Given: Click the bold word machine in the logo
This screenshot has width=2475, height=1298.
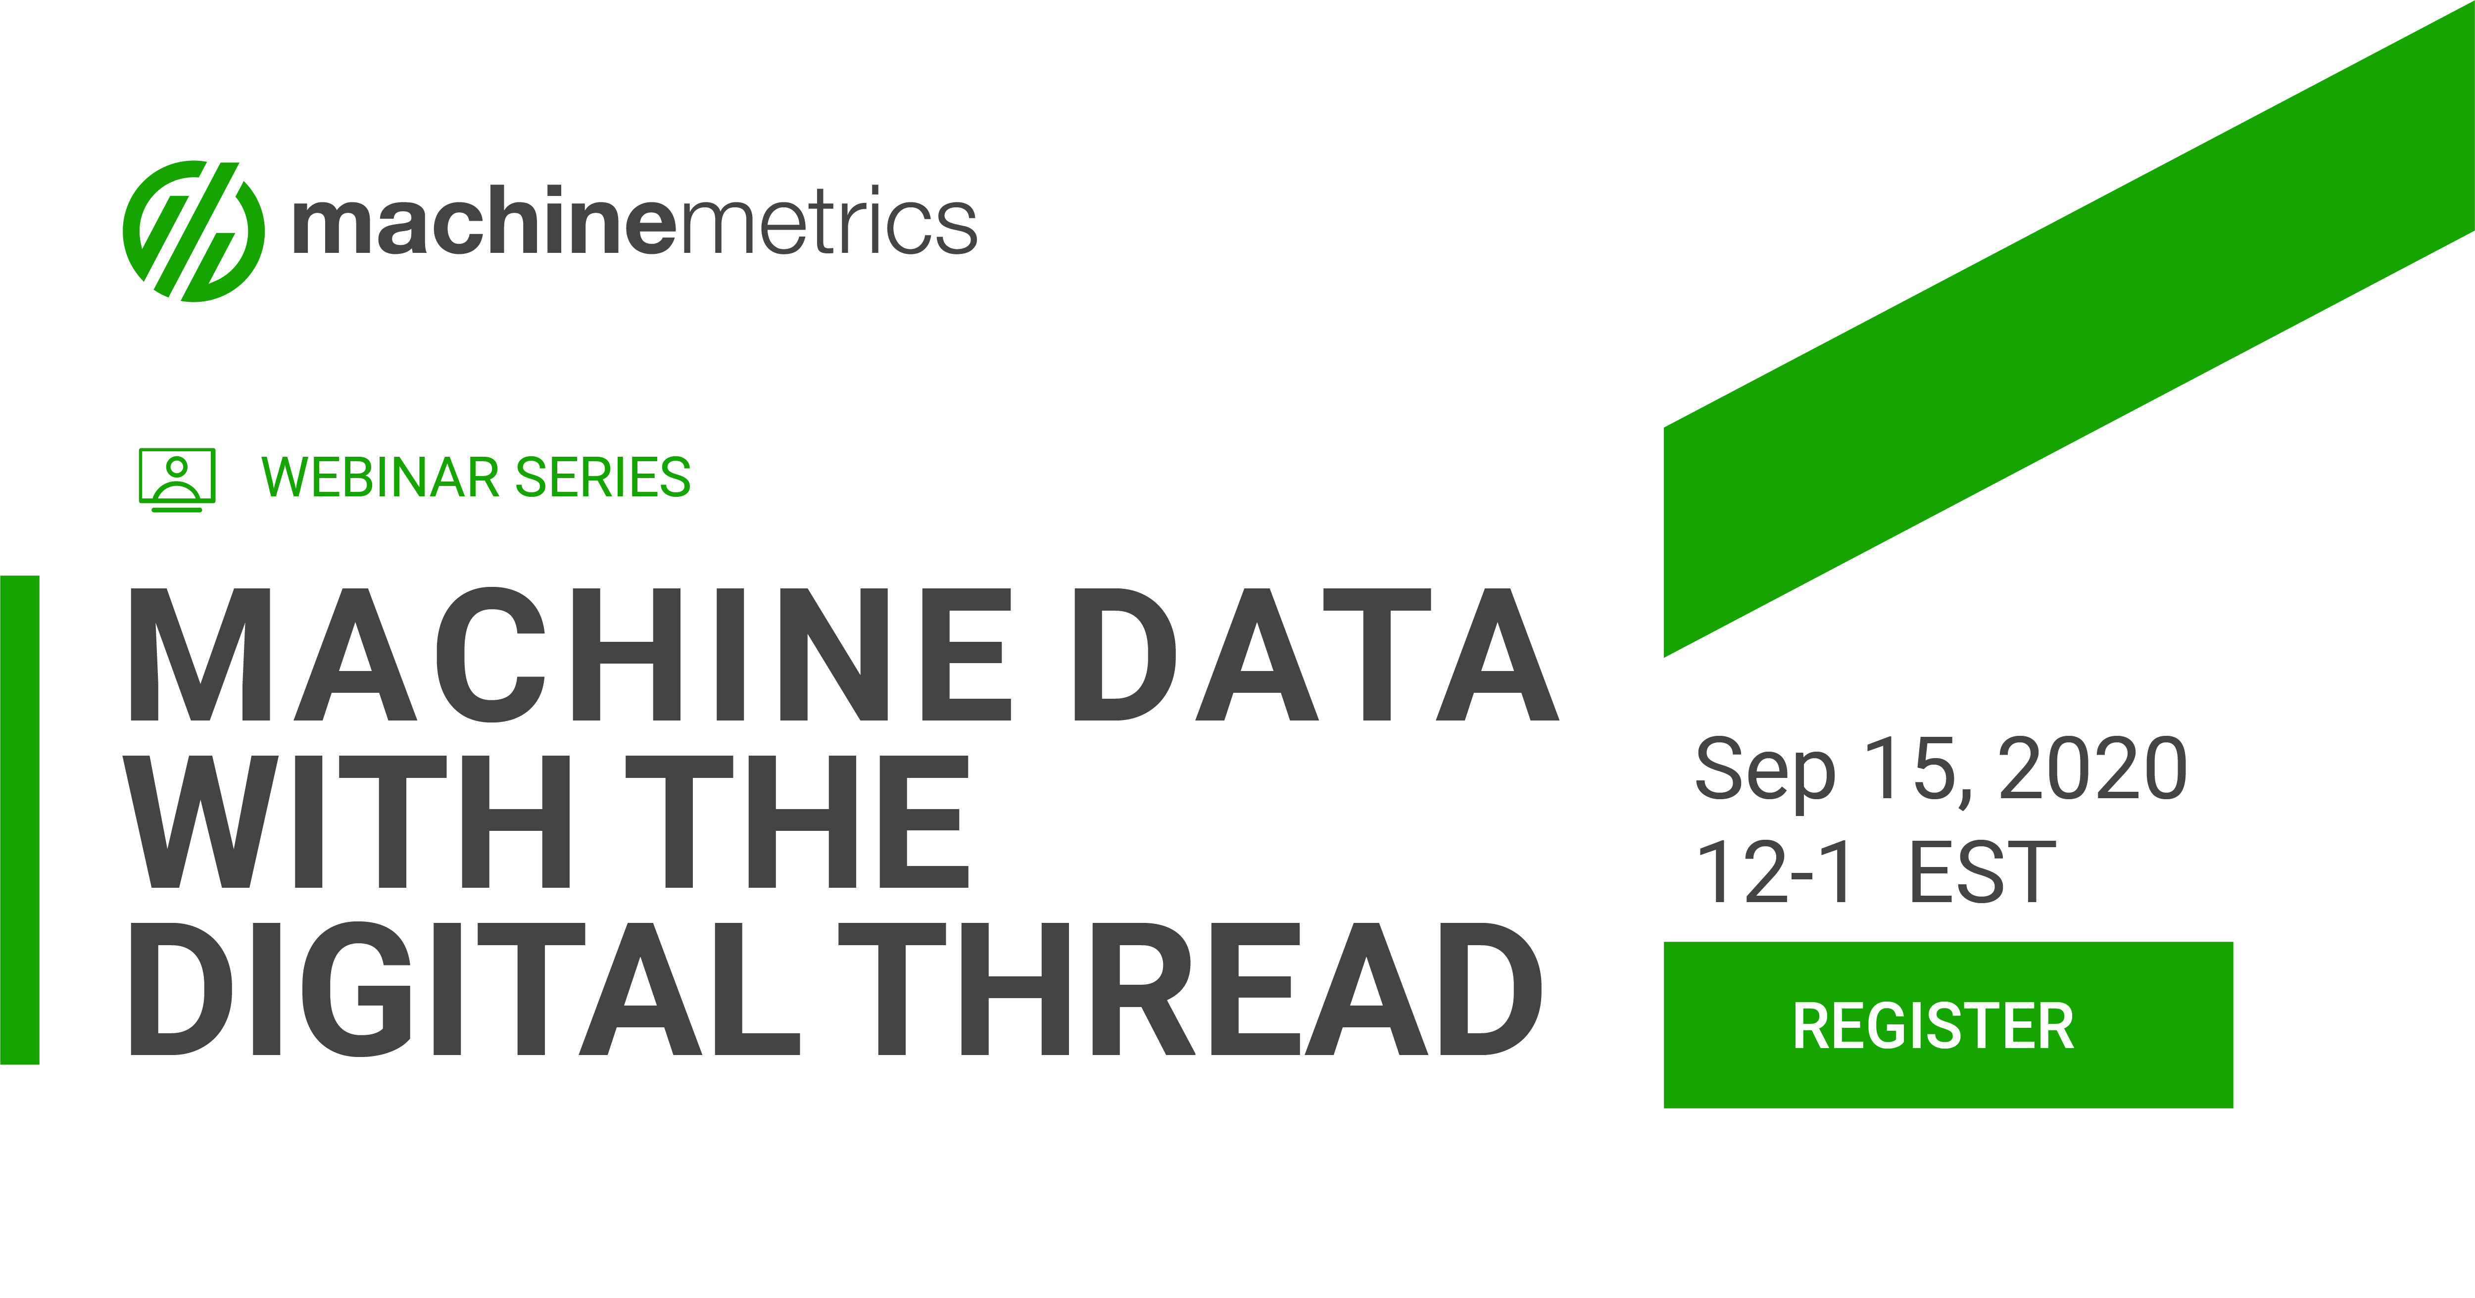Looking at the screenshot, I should [485, 223].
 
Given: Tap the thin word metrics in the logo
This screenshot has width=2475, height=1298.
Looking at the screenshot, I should [828, 223].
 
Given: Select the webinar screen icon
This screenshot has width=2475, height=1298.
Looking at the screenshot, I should [177, 479].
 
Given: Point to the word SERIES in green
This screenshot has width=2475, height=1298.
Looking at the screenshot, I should [603, 478].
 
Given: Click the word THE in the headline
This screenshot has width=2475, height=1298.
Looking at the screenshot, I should [797, 822].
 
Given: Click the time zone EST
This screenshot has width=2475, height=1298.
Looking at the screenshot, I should [1981, 872].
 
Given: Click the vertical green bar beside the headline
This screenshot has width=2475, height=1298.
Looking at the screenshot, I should [19, 819].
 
